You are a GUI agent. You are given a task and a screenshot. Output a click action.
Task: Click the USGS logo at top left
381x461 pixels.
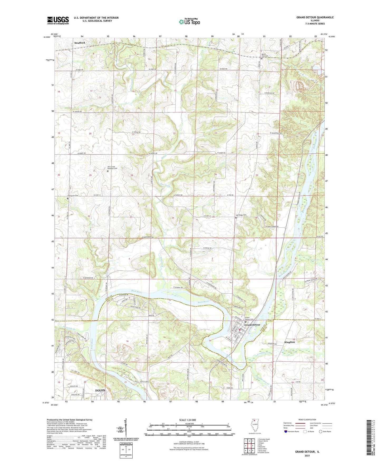pyautogui.click(x=58, y=20)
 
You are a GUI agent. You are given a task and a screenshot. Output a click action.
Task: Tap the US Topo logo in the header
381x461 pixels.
pyautogui.click(x=189, y=22)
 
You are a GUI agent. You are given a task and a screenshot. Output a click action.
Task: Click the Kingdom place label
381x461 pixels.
pyautogui.click(x=290, y=342)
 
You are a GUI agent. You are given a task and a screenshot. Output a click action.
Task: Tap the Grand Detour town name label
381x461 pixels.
pyautogui.click(x=252, y=325)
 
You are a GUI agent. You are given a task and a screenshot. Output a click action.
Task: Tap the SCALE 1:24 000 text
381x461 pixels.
pyautogui.click(x=187, y=420)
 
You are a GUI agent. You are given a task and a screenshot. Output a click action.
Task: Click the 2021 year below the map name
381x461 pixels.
pyautogui.click(x=307, y=455)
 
